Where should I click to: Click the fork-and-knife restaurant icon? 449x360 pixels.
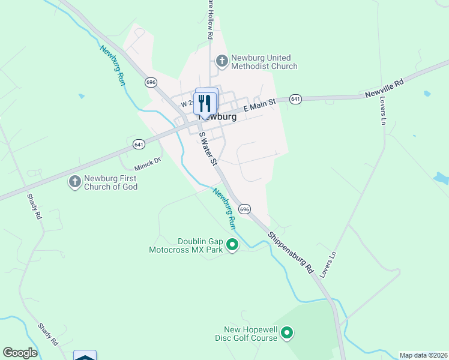[205, 103]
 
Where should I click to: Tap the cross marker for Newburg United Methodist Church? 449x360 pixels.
[221, 61]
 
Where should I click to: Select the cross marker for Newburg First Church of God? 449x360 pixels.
[74, 182]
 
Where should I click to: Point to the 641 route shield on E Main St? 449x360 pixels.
[295, 98]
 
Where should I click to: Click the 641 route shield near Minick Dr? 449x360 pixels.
[139, 145]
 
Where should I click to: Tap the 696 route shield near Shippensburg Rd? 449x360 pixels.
[244, 209]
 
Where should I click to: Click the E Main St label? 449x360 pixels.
[260, 106]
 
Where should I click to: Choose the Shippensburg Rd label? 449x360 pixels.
[291, 253]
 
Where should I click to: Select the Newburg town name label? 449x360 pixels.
[217, 118]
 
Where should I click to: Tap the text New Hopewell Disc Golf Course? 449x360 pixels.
[250, 334]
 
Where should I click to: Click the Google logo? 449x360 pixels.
[20, 353]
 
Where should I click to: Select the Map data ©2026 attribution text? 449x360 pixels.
[423, 355]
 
